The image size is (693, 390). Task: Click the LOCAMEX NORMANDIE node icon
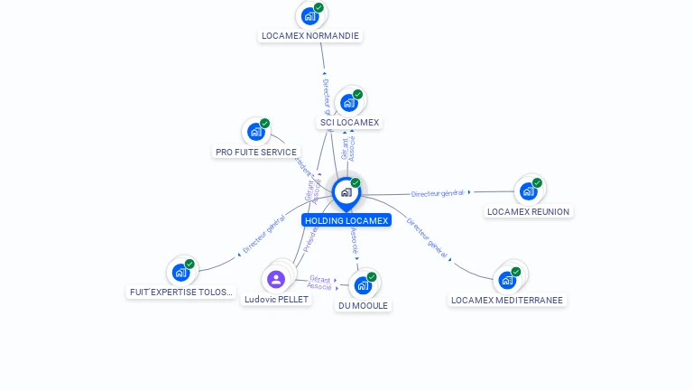[310, 15]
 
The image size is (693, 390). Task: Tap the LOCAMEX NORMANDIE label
[310, 36]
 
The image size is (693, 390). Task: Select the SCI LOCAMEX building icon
[349, 102]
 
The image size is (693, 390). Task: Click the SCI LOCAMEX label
[350, 123]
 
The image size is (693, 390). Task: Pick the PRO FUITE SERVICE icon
[256, 132]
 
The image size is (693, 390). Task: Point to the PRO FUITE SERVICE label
[256, 153]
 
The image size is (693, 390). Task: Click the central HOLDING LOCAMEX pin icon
[346, 191]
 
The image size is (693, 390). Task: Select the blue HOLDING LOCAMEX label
[346, 220]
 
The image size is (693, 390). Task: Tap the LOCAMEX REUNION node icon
[528, 190]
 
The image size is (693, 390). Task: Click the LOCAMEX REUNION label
[529, 212]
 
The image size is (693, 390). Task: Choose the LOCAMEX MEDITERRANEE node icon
[507, 279]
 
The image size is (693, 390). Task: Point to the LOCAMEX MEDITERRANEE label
[507, 301]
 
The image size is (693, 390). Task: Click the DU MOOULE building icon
[363, 285]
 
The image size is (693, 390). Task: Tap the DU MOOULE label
[363, 306]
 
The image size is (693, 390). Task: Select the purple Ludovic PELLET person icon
[276, 279]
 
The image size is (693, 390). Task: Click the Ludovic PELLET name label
[277, 300]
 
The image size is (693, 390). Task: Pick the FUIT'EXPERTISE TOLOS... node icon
[180, 272]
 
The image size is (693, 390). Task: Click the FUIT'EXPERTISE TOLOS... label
[181, 292]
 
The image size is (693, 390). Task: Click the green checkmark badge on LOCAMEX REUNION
[537, 182]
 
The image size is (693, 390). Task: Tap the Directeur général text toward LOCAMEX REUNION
[437, 193]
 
